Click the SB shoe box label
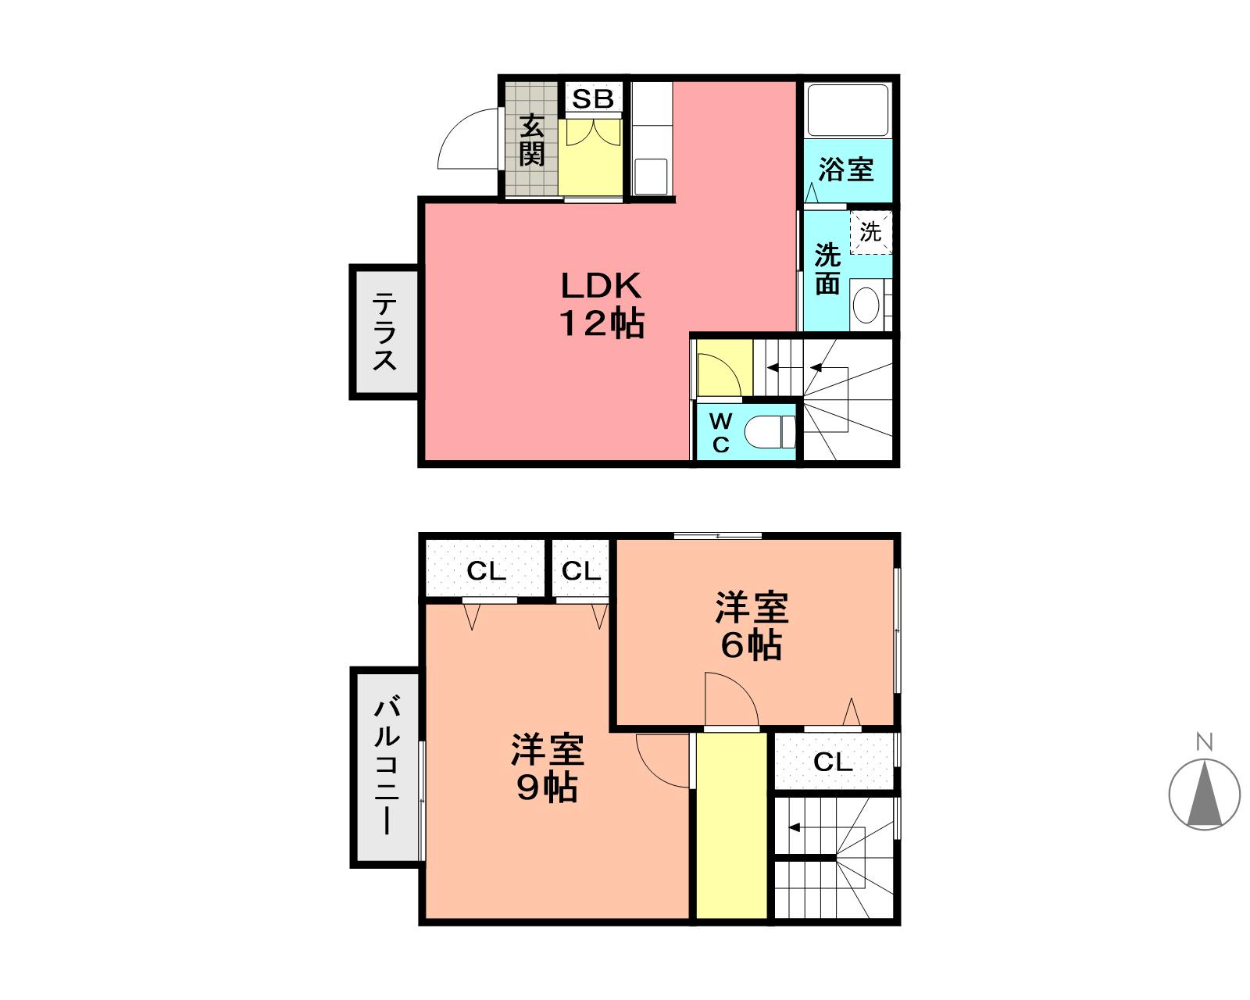pyautogui.click(x=593, y=99)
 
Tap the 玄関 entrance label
pyautogui.click(x=531, y=141)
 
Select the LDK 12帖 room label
pyautogui.click(x=601, y=304)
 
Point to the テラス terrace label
pyautogui.click(x=384, y=331)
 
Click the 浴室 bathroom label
pyautogui.click(x=846, y=169)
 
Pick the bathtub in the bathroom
pyautogui.click(x=848, y=110)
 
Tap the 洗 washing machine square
pyautogui.click(x=870, y=232)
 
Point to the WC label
pyautogui.click(x=720, y=433)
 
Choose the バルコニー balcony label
pyautogui.click(x=387, y=767)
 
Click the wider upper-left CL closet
pyautogui.click(x=486, y=571)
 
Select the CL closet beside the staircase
pyautogui.click(x=833, y=761)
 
